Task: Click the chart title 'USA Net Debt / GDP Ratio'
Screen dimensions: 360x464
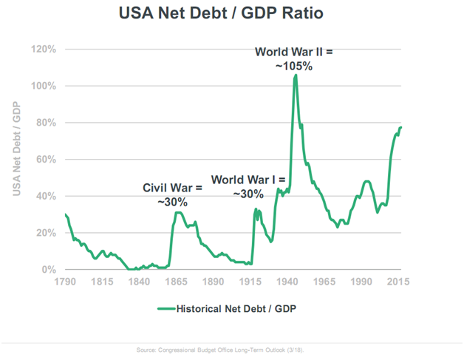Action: [231, 13]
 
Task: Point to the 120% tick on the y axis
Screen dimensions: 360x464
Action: [45, 50]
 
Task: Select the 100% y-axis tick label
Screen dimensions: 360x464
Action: [45, 86]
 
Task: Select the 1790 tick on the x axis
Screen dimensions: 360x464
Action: [65, 282]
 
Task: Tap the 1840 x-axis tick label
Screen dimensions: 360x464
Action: [140, 282]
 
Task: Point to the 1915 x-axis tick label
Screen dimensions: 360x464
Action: [252, 282]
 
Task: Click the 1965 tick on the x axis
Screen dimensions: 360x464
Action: [326, 282]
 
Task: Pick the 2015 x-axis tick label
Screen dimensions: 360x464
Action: [400, 282]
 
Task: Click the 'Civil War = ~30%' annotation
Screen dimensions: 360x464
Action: [173, 195]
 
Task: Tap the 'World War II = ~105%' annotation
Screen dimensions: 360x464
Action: [295, 59]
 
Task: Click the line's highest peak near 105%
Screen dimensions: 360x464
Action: [296, 75]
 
